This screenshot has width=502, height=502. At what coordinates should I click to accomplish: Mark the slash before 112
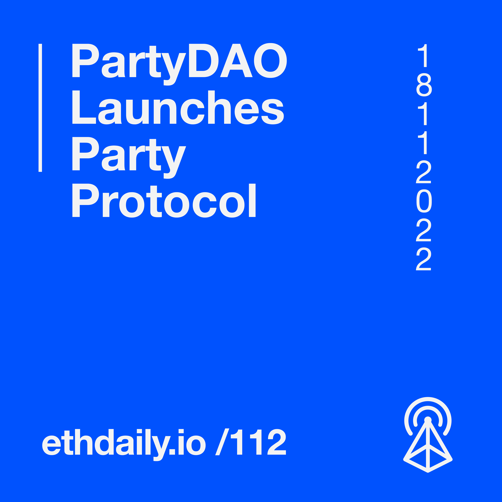coord(222,442)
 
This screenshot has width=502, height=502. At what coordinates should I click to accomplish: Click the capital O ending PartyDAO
coord(270,60)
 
